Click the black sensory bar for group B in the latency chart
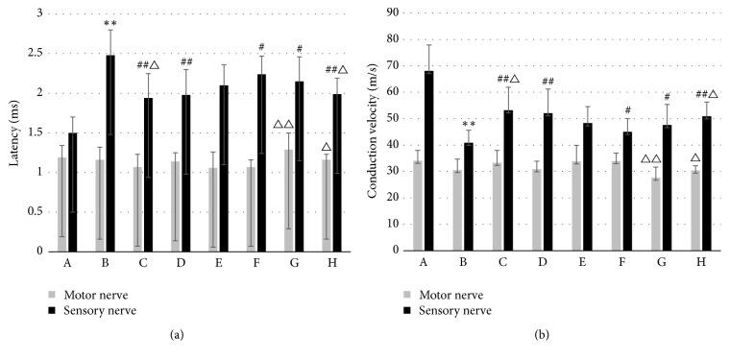[110, 154]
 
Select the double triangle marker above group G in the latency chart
[284, 124]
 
